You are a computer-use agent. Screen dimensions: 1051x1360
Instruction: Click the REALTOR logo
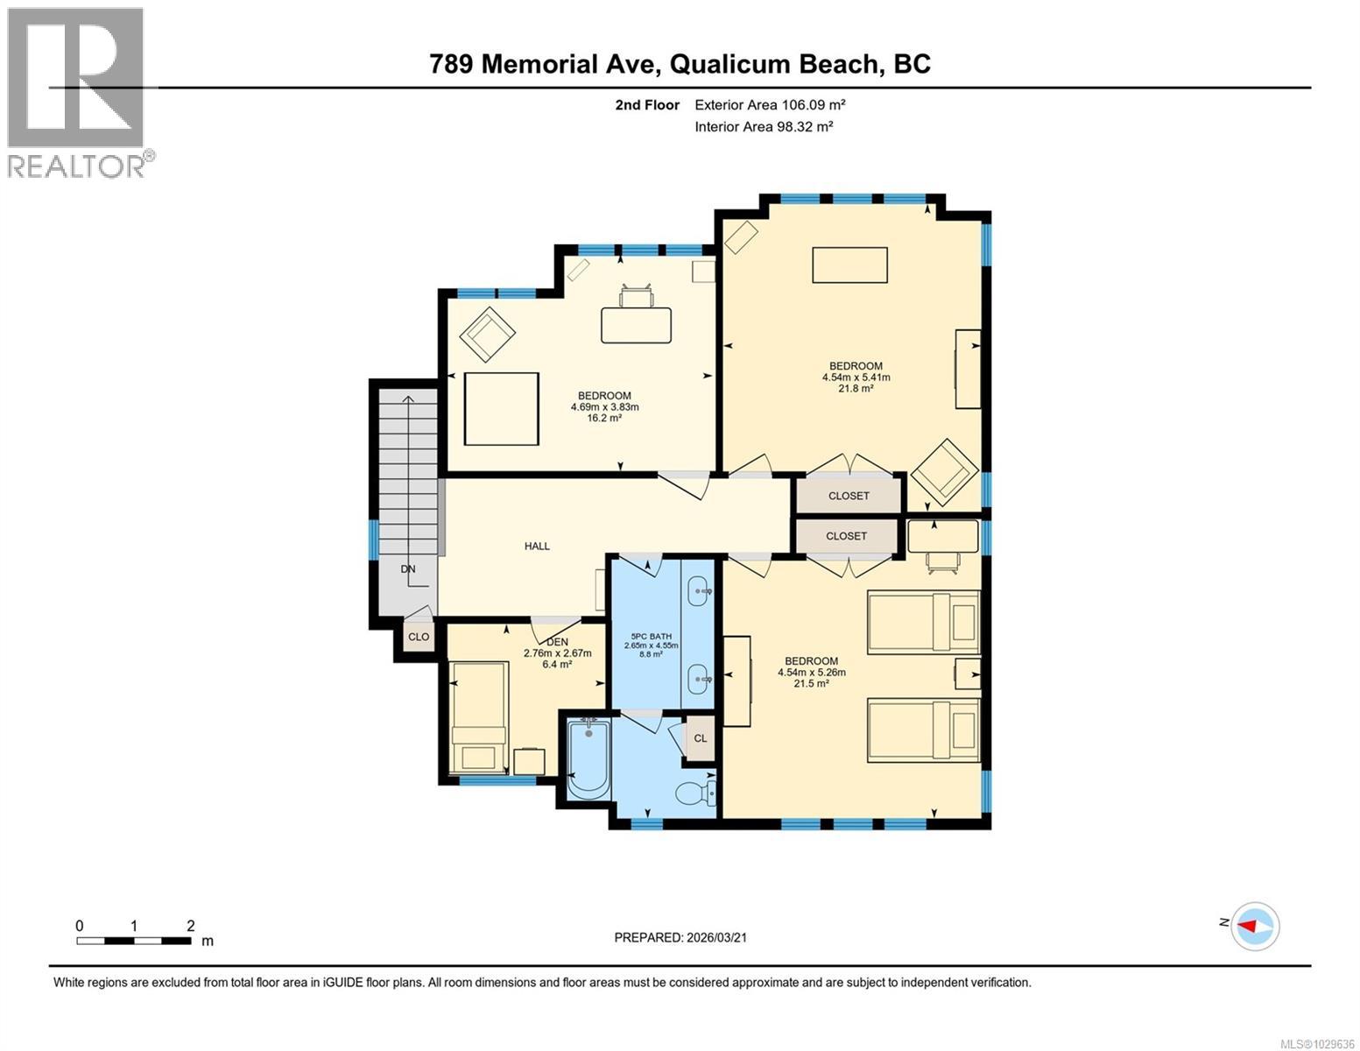pos(77,92)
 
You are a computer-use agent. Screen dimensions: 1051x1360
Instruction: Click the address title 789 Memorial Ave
pos(680,64)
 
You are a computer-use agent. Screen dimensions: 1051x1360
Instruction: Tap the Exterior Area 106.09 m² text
pos(770,105)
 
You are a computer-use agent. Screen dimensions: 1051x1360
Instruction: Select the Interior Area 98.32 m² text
pos(763,126)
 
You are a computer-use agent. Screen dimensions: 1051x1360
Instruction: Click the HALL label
pos(537,546)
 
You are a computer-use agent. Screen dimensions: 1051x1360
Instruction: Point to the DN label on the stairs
pos(408,568)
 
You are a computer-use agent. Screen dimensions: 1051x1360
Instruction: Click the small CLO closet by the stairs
pos(419,637)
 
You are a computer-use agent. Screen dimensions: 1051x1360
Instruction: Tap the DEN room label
pos(558,642)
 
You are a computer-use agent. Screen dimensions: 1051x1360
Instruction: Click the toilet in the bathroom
pos(696,794)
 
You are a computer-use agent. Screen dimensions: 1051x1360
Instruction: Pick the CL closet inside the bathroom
pos(701,737)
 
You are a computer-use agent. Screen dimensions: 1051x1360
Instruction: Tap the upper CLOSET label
pos(849,496)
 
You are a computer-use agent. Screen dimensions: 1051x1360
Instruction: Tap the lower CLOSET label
pos(846,536)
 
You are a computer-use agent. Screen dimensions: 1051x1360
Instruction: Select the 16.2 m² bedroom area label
pos(604,419)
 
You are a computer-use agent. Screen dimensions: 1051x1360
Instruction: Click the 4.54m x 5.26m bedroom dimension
pos(811,673)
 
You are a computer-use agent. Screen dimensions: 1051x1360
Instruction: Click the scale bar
pos(134,941)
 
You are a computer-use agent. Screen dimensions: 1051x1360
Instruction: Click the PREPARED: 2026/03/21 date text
pos(680,937)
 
